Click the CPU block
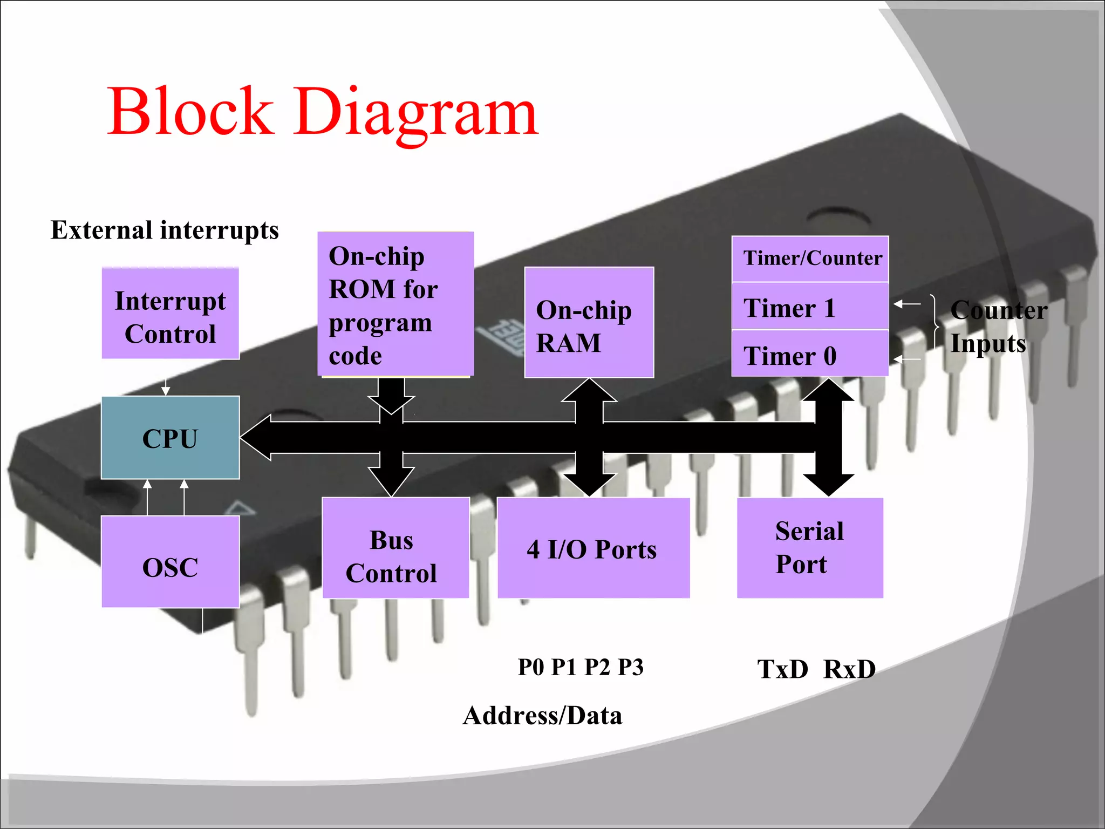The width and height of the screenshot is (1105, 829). pyautogui.click(x=170, y=438)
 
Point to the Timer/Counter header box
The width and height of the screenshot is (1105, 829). pyautogui.click(x=809, y=259)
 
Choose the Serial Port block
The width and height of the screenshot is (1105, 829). pyautogui.click(x=809, y=548)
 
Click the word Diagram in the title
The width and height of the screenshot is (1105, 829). pyautogui.click(x=415, y=113)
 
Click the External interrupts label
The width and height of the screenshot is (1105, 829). pyautogui.click(x=165, y=230)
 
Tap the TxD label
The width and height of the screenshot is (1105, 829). pyautogui.click(x=782, y=669)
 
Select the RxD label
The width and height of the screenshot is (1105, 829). pyautogui.click(x=849, y=669)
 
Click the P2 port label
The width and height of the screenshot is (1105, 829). pyautogui.click(x=597, y=668)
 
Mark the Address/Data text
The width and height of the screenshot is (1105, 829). pyautogui.click(x=542, y=716)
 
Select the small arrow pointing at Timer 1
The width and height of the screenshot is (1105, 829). pyautogui.click(x=906, y=304)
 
